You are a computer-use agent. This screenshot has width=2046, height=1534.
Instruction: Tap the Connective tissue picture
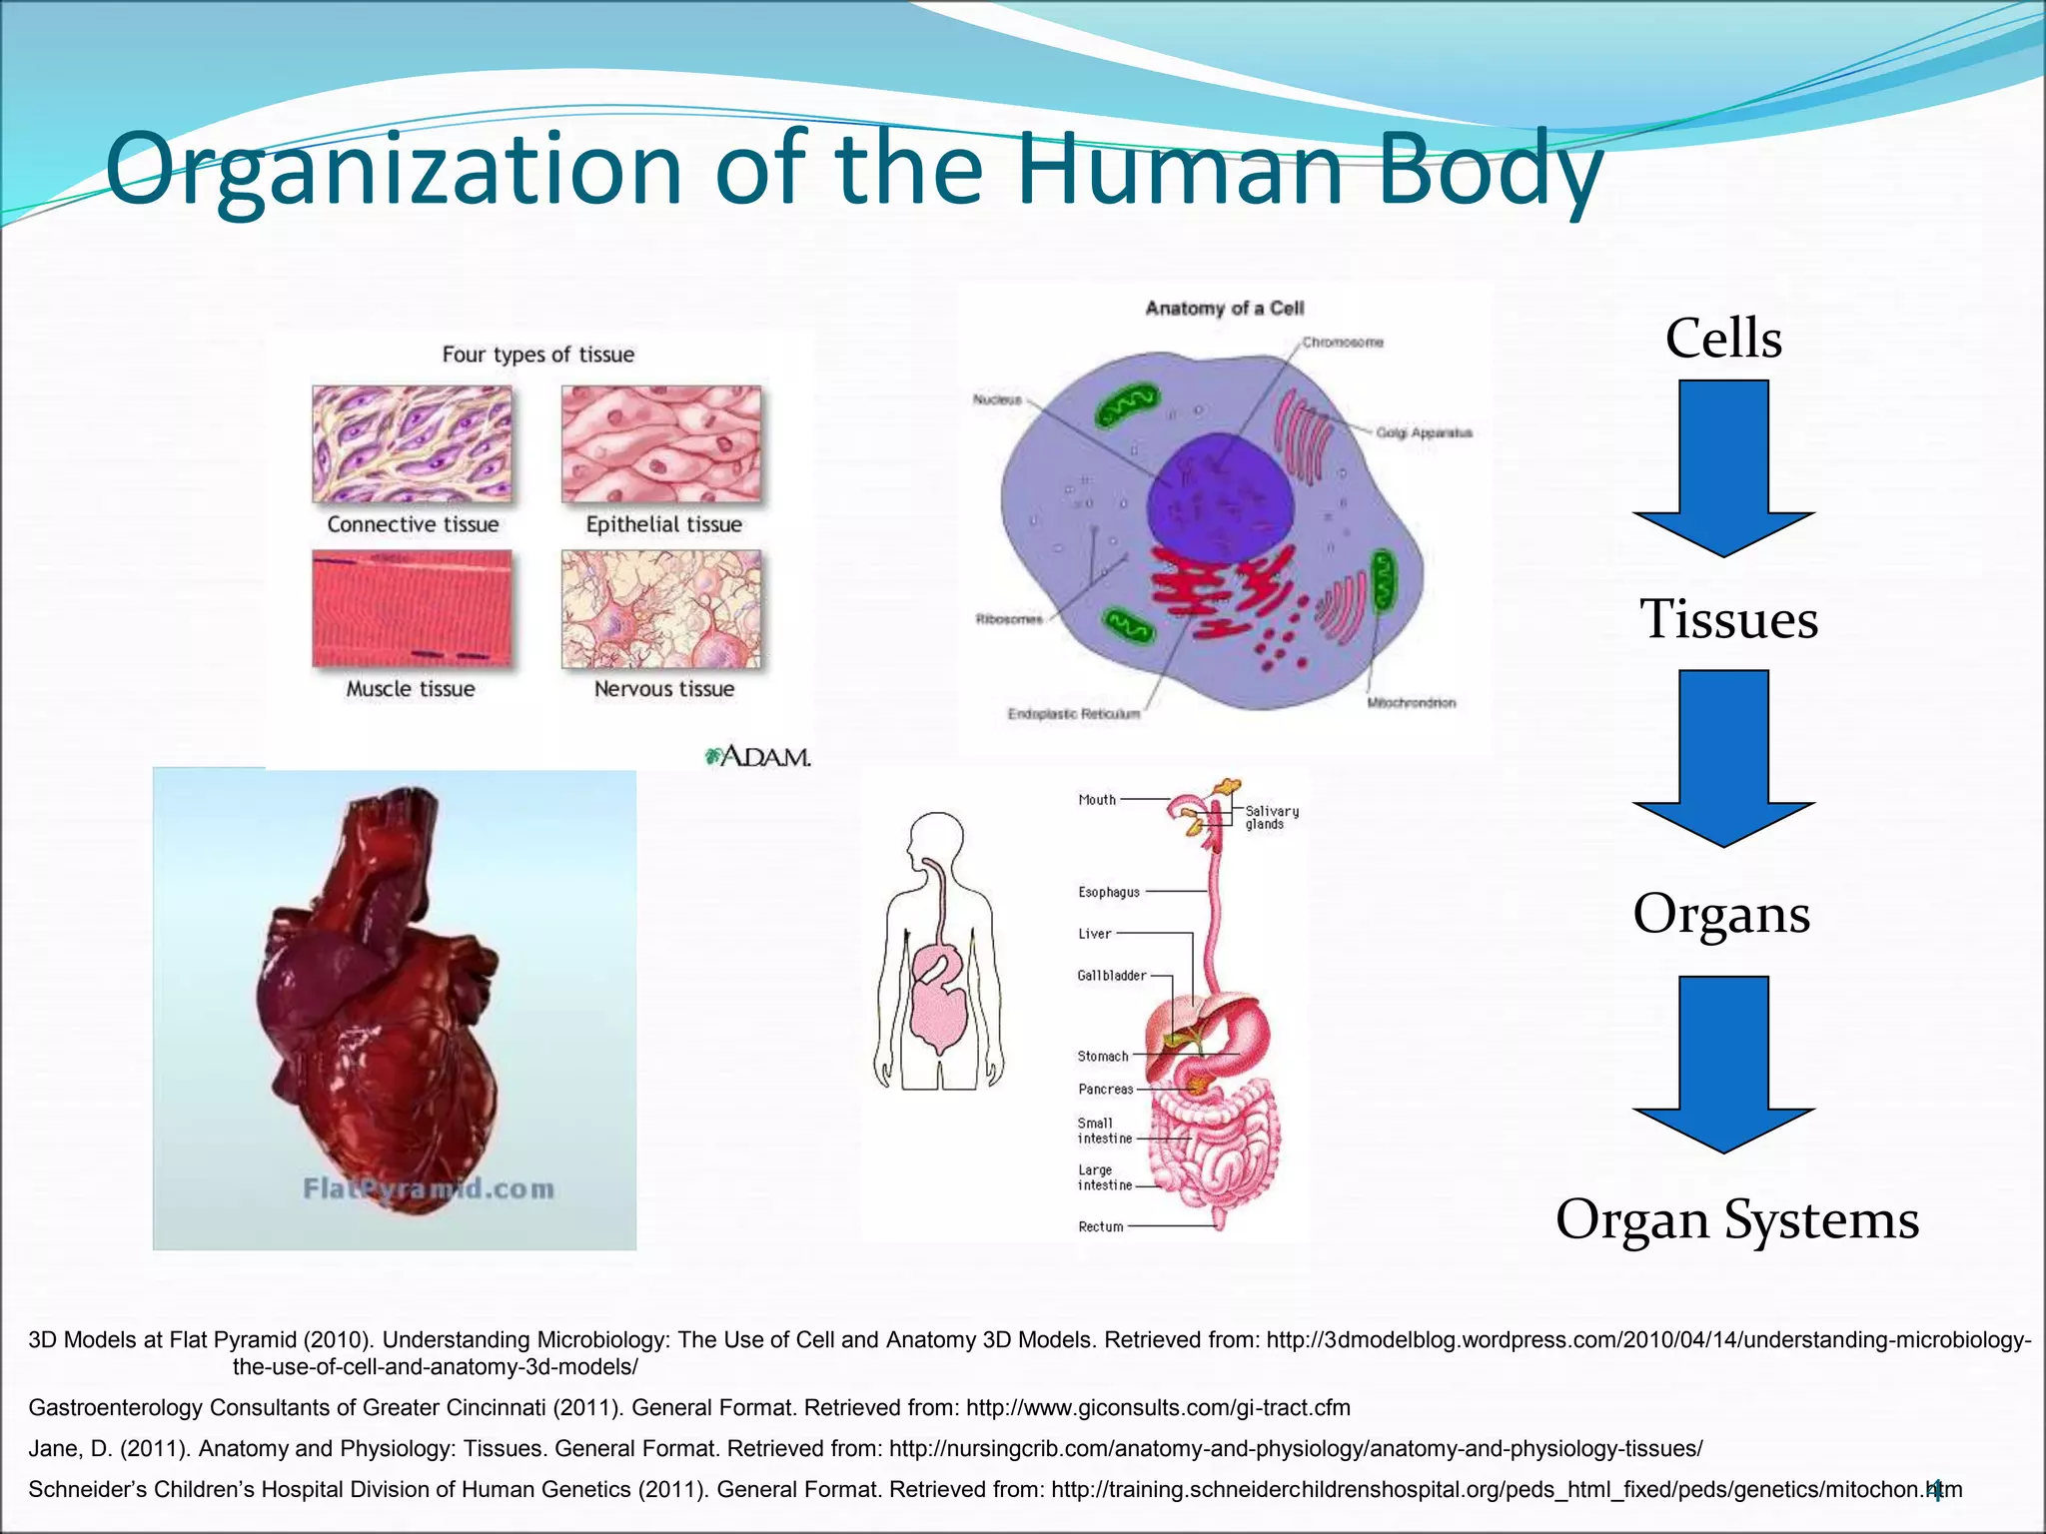[412, 444]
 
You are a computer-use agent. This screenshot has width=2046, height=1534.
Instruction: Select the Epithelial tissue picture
[661, 444]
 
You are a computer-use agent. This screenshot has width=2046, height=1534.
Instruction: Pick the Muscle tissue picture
[412, 608]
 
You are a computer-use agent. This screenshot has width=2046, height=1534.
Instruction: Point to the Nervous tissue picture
[661, 608]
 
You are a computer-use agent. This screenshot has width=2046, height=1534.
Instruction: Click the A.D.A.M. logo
[758, 757]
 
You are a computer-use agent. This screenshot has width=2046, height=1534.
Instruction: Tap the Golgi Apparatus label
[1424, 432]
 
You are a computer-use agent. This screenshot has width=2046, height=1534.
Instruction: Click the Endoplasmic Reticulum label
[1073, 714]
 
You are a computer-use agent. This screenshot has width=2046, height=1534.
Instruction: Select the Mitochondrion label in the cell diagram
[1411, 703]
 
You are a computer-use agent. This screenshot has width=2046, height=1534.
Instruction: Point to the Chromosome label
[1343, 343]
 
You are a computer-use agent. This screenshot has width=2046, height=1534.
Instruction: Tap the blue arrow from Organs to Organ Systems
[1723, 1064]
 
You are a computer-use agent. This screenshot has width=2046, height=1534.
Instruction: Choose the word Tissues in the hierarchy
[1728, 619]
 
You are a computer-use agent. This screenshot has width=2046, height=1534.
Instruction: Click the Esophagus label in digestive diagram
[1108, 892]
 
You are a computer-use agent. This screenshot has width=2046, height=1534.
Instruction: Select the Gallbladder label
[1111, 975]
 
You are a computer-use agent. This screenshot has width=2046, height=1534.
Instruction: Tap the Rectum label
[1100, 1226]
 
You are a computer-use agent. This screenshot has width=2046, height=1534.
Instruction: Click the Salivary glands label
[1272, 817]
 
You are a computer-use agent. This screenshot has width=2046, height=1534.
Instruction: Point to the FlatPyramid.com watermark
[429, 1188]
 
